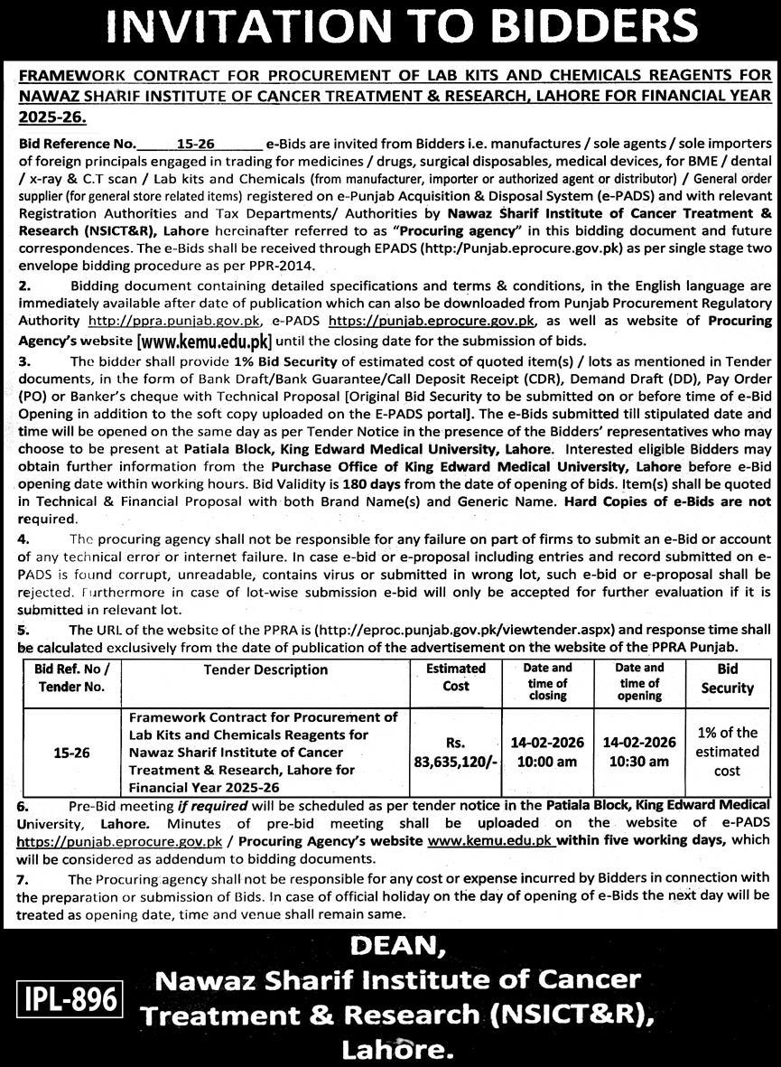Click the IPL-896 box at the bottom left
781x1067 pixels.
[69, 1000]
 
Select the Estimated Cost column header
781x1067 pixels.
[456, 677]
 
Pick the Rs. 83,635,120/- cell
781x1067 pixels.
[456, 751]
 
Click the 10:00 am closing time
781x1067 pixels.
[548, 761]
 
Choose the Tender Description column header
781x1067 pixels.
[265, 669]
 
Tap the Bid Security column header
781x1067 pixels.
[727, 678]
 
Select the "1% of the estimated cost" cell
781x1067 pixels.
[727, 751]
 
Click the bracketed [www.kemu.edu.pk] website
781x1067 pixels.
[203, 342]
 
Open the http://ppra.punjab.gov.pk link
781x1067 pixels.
[174, 321]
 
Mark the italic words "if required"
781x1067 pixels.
[209, 804]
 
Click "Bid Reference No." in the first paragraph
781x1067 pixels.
[76, 144]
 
